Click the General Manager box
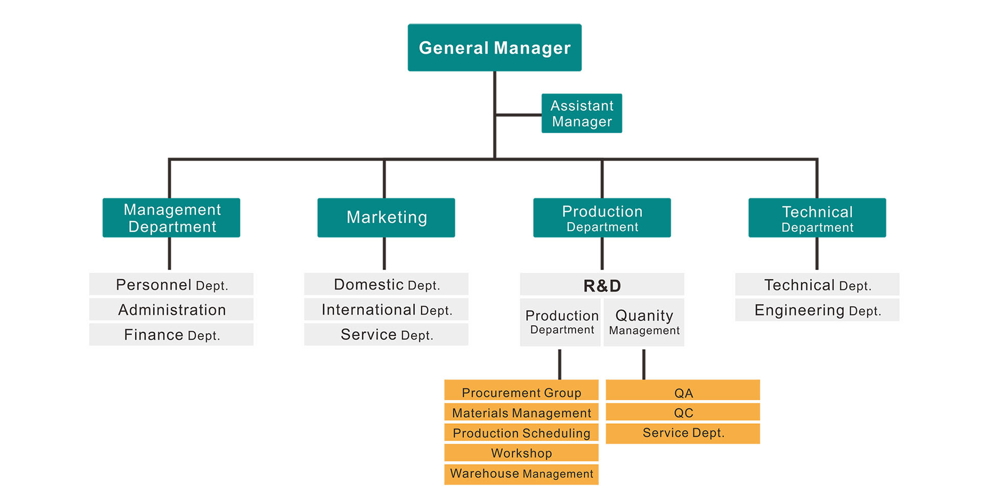click(494, 47)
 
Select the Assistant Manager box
click(581, 113)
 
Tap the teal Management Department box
click(171, 218)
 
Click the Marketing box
click(386, 218)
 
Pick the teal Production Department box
click(602, 218)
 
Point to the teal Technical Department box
click(817, 218)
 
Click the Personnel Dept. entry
click(171, 284)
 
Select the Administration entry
click(171, 309)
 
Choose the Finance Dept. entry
click(171, 334)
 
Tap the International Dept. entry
click(386, 309)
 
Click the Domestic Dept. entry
click(386, 284)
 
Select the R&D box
click(602, 285)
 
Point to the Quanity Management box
click(644, 322)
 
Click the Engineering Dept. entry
click(817, 310)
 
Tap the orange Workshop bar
click(521, 452)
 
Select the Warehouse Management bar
click(521, 473)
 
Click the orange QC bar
click(683, 412)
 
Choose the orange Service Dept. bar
click(683, 433)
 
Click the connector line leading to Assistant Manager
click(519, 115)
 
